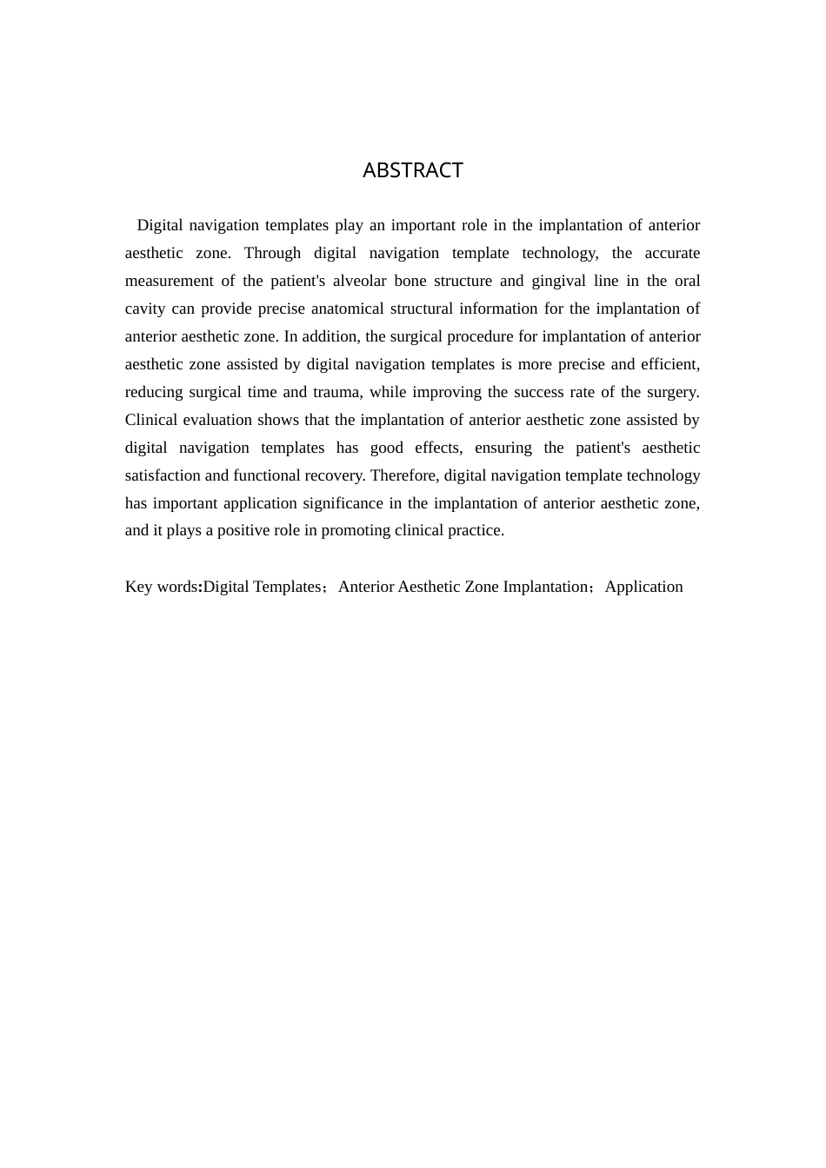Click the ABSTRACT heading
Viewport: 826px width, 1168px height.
(412, 170)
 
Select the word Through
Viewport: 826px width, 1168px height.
(272, 253)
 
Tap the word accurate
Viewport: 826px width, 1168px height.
(672, 253)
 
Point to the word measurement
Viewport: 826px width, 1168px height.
(169, 281)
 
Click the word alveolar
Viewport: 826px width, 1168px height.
(359, 281)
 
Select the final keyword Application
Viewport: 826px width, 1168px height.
(643, 587)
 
